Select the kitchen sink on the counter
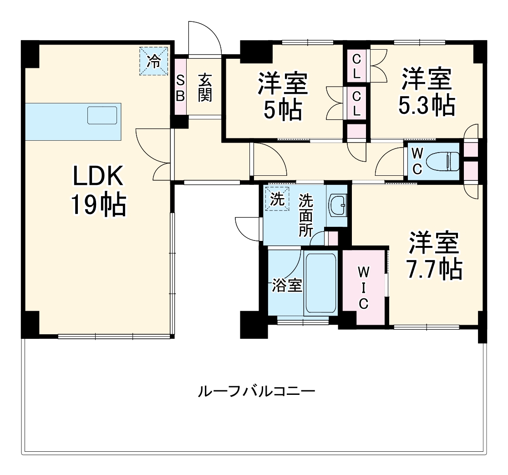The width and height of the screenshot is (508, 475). (x=102, y=115)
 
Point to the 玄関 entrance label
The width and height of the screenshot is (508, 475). (x=205, y=87)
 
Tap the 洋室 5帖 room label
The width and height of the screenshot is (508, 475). (x=283, y=96)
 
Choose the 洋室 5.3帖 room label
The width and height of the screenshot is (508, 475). (x=426, y=92)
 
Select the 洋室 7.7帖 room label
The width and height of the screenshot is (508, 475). (x=433, y=256)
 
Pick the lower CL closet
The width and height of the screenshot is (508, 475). (x=357, y=103)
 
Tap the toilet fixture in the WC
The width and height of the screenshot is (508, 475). (x=444, y=161)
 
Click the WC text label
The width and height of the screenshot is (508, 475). (x=417, y=161)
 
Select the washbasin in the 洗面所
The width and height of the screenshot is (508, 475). (x=338, y=205)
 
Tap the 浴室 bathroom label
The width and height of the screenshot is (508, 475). (x=287, y=286)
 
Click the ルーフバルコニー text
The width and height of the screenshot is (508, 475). (x=256, y=391)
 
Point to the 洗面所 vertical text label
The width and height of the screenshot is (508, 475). (x=305, y=215)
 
